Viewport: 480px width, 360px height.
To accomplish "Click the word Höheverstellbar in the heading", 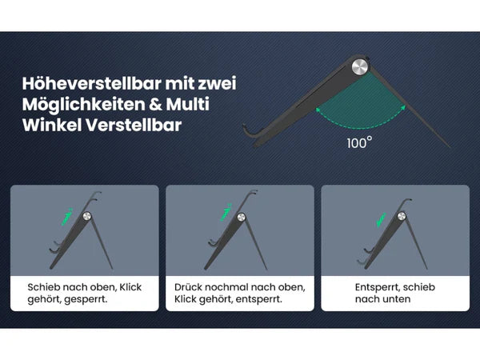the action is coord(91,83).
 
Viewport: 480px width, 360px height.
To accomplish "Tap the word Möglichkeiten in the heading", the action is coord(83,104).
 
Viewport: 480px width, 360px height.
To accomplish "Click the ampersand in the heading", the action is coord(155,104).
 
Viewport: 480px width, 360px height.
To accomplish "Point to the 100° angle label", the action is coord(359,142).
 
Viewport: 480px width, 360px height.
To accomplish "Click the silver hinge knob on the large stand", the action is coord(360,66).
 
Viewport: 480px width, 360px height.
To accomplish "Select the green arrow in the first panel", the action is coord(66,217).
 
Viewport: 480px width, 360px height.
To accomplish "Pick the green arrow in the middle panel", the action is coord(226,212).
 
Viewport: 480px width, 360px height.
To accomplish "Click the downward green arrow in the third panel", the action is coord(381,220).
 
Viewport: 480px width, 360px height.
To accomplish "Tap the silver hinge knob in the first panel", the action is coord(86,217).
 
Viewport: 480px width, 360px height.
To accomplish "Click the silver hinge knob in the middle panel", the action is coord(242,217).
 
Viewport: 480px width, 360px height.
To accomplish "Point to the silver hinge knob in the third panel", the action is coord(402,216).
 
